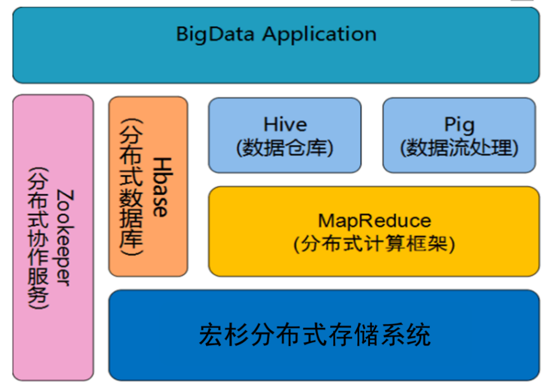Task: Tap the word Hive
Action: [285, 124]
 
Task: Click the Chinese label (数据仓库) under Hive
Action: [285, 148]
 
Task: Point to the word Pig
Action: [459, 125]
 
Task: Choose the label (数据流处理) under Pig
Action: [459, 148]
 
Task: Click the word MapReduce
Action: [374, 221]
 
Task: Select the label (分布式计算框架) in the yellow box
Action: [374, 244]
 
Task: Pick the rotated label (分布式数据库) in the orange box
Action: [131, 187]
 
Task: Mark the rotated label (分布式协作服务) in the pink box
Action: [38, 238]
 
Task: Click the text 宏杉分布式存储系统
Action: [315, 335]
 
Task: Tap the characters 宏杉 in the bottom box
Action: [224, 335]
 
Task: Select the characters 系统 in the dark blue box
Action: [406, 335]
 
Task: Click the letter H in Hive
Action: [270, 124]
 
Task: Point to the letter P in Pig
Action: [449, 124]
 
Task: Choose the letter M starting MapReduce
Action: [326, 221]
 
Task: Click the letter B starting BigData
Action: [182, 34]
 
